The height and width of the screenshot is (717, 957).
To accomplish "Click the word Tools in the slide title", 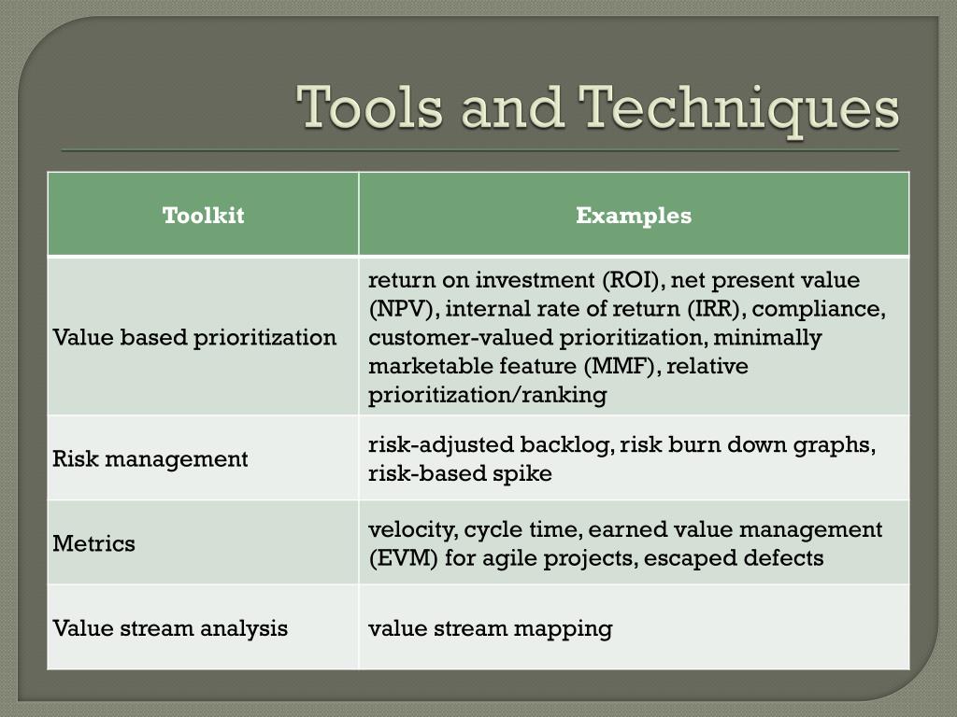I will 371,107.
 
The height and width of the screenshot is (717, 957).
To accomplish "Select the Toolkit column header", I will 203,216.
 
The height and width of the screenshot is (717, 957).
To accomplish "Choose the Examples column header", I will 634,216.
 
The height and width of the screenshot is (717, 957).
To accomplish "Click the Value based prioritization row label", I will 194,337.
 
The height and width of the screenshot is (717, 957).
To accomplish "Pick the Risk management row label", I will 150,458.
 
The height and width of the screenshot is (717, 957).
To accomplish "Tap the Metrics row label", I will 94,543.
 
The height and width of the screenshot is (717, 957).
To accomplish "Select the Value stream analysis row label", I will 170,627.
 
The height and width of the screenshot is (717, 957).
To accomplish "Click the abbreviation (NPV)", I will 400,309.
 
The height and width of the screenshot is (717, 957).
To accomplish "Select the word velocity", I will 411,529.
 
